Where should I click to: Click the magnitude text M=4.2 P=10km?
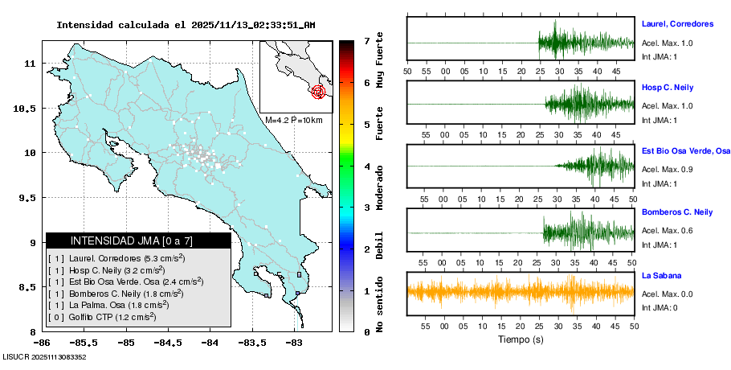click(293, 121)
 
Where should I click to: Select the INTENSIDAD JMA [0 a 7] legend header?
click(138, 240)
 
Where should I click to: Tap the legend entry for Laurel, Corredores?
click(117, 258)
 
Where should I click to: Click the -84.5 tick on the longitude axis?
click(166, 343)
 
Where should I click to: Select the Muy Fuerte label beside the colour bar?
click(380, 60)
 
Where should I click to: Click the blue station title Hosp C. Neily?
click(668, 87)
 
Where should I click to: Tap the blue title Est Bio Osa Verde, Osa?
click(686, 150)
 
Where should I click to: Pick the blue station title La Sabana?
click(661, 276)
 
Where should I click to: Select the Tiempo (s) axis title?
click(521, 339)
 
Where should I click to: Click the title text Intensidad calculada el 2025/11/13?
click(186, 25)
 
